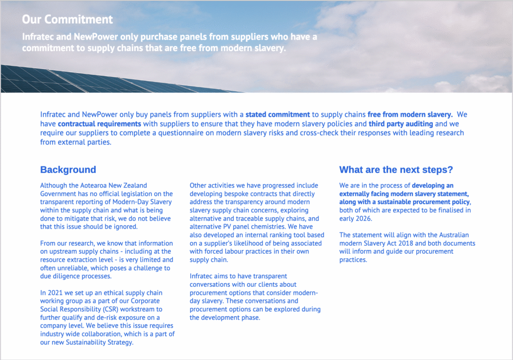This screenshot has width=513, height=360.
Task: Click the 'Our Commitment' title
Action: (68, 20)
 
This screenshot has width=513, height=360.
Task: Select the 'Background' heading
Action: (68, 170)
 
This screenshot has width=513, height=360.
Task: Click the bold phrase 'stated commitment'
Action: (278, 115)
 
